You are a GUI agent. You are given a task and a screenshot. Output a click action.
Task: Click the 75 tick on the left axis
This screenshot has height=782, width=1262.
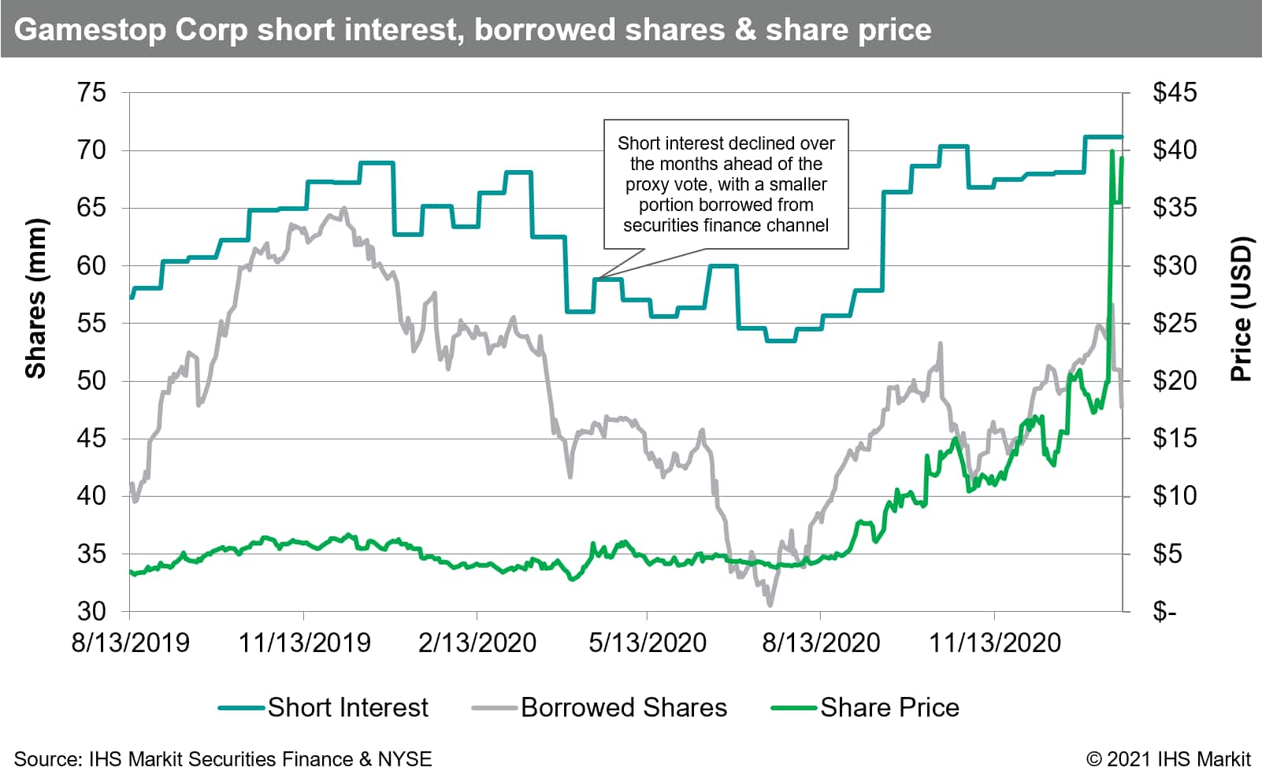click(91, 93)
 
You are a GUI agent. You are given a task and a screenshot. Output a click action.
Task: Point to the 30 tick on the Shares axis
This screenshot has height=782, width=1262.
click(91, 611)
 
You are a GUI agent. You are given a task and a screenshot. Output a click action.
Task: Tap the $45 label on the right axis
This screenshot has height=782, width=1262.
click(1174, 93)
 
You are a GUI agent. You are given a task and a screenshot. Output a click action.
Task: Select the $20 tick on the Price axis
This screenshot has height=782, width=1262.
click(1174, 381)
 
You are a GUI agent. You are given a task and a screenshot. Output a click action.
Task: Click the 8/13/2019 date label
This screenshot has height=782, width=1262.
click(130, 643)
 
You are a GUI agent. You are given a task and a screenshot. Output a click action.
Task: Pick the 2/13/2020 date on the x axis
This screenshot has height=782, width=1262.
click(477, 643)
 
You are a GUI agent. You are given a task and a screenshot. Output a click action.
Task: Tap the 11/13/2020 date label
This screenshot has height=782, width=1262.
click(995, 643)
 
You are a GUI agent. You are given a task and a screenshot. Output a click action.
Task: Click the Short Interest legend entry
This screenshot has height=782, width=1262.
click(347, 707)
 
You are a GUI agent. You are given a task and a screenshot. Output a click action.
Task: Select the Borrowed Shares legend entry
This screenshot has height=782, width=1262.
click(623, 707)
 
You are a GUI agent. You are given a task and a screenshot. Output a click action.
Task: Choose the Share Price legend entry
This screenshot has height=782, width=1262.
click(889, 707)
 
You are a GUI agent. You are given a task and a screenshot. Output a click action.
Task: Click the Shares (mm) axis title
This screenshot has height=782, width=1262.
click(36, 298)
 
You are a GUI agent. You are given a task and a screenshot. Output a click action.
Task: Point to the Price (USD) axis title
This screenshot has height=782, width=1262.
click(1242, 309)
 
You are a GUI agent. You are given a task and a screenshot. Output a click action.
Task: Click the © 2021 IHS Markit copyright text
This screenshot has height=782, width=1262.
click(1168, 759)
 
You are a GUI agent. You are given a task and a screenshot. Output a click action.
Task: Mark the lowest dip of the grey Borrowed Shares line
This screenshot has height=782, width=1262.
click(770, 604)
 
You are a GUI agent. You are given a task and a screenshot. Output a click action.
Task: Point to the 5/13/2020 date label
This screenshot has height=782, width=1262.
click(648, 643)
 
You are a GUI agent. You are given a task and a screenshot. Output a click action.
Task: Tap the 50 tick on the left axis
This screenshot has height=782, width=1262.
click(91, 381)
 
